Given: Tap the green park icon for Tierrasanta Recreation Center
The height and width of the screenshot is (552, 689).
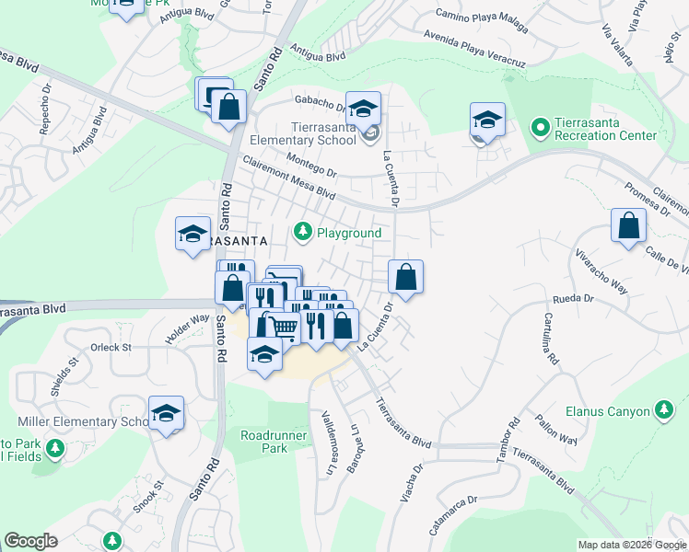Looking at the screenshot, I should (x=539, y=124).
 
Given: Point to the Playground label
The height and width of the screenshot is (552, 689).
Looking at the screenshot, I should (x=349, y=233).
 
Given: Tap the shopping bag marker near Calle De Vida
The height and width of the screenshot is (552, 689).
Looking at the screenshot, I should (x=628, y=226).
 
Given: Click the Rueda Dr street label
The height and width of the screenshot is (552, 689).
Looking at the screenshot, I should (x=576, y=298).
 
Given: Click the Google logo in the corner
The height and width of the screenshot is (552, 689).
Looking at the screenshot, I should (x=31, y=541).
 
